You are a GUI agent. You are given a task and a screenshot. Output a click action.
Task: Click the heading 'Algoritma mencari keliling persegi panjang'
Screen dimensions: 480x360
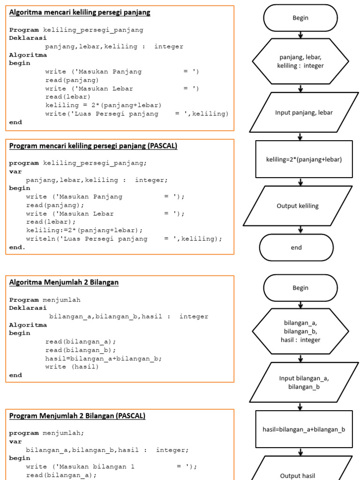[80, 13]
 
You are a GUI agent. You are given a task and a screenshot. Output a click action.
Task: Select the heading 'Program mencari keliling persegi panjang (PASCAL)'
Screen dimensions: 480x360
[93, 146]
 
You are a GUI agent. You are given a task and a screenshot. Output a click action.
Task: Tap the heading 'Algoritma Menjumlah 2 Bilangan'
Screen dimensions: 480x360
[64, 282]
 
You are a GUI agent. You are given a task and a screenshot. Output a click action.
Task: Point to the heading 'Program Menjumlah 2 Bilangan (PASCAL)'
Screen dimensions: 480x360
[77, 416]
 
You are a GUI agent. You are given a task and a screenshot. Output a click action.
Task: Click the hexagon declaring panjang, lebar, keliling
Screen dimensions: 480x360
[300, 61]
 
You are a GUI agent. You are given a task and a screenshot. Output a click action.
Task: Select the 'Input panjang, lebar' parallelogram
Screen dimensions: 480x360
[304, 112]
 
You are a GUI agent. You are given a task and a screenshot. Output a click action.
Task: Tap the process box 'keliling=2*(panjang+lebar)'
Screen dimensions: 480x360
[304, 159]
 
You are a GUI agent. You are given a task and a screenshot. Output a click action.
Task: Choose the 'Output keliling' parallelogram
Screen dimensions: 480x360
[298, 206]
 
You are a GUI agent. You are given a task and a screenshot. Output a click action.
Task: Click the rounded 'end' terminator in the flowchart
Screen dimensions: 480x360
[296, 247]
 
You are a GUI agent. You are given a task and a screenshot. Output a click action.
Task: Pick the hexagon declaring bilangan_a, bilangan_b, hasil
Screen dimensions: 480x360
[300, 331]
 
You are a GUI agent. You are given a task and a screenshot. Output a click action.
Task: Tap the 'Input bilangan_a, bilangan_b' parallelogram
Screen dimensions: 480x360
[304, 382]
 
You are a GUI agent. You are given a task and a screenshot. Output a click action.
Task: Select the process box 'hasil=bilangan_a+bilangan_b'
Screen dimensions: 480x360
[304, 429]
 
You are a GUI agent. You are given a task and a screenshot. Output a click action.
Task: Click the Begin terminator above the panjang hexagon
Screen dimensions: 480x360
[300, 18]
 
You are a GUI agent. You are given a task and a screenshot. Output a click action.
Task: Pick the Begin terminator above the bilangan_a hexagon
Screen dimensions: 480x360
[300, 288]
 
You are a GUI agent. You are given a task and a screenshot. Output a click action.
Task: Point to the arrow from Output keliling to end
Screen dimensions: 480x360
[300, 230]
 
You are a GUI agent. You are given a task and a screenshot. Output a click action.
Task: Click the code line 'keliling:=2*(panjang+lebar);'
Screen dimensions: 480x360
[84, 230]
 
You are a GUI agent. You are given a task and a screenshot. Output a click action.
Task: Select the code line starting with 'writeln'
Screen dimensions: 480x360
[124, 239]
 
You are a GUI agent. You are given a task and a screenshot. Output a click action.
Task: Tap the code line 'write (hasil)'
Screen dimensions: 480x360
[72, 367]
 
